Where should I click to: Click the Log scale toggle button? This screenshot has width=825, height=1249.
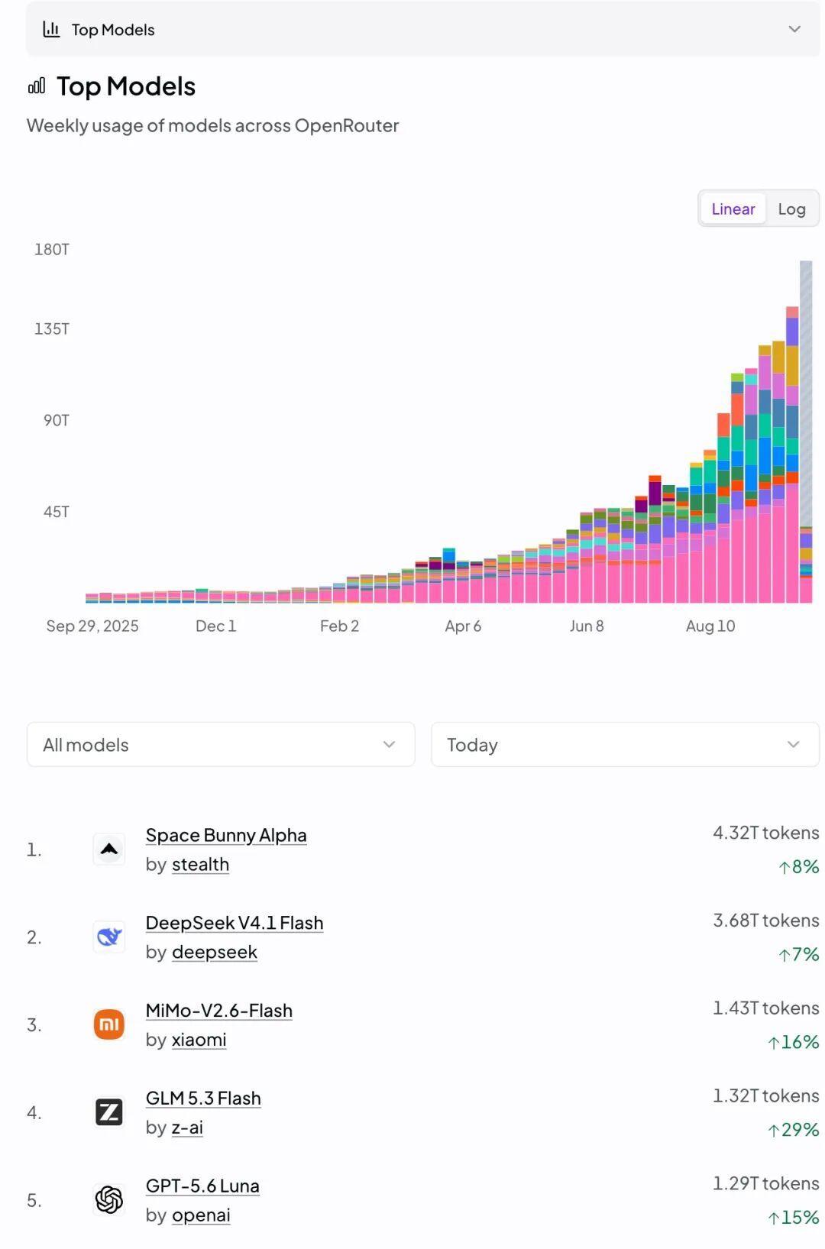(791, 209)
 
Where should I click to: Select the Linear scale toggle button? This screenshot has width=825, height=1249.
(733, 209)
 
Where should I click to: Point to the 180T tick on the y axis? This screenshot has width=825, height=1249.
(52, 249)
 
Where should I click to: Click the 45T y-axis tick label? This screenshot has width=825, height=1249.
(57, 512)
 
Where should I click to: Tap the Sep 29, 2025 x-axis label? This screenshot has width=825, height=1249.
(92, 626)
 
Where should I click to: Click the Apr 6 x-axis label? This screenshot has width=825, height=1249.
(463, 626)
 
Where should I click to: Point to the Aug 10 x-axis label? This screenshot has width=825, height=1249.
(710, 626)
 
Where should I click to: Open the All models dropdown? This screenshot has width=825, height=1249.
(221, 744)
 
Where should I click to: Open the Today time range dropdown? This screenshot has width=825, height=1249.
(625, 744)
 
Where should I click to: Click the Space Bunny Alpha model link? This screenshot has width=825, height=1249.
(226, 835)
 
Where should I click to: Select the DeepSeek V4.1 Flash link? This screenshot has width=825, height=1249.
(234, 923)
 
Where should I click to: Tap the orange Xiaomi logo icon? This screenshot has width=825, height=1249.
(108, 1024)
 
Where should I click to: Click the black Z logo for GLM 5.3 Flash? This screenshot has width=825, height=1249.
(108, 1111)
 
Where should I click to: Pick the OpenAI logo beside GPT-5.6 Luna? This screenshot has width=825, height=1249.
(108, 1199)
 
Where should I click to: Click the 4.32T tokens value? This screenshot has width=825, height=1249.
(766, 833)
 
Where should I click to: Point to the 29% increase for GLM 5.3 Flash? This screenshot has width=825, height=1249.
(793, 1130)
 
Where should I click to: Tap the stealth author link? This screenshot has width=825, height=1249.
(200, 864)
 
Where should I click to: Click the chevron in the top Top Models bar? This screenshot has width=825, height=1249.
(794, 29)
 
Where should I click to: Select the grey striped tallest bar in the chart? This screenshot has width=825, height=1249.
(806, 393)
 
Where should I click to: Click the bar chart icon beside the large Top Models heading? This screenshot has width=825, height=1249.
(36, 86)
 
